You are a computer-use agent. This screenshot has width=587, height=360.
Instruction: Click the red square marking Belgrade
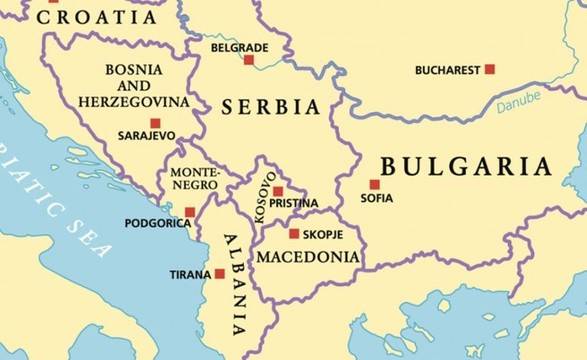click(249, 60)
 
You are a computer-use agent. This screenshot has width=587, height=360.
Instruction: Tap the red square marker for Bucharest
click(490, 69)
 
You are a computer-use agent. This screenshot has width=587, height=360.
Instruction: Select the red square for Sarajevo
click(155, 123)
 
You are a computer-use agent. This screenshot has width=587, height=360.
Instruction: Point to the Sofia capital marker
click(374, 184)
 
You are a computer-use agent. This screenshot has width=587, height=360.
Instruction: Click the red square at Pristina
click(278, 190)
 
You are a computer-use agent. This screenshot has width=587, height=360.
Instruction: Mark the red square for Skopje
click(294, 234)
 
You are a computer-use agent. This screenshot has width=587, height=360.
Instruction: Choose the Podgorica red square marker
click(190, 212)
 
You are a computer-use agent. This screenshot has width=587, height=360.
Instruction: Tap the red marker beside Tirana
click(220, 274)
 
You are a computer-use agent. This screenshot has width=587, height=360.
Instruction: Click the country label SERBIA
click(271, 106)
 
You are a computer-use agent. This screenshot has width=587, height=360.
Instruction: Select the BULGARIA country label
click(466, 166)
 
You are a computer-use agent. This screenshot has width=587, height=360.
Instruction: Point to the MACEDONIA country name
click(308, 257)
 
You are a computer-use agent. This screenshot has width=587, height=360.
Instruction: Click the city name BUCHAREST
click(447, 70)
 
